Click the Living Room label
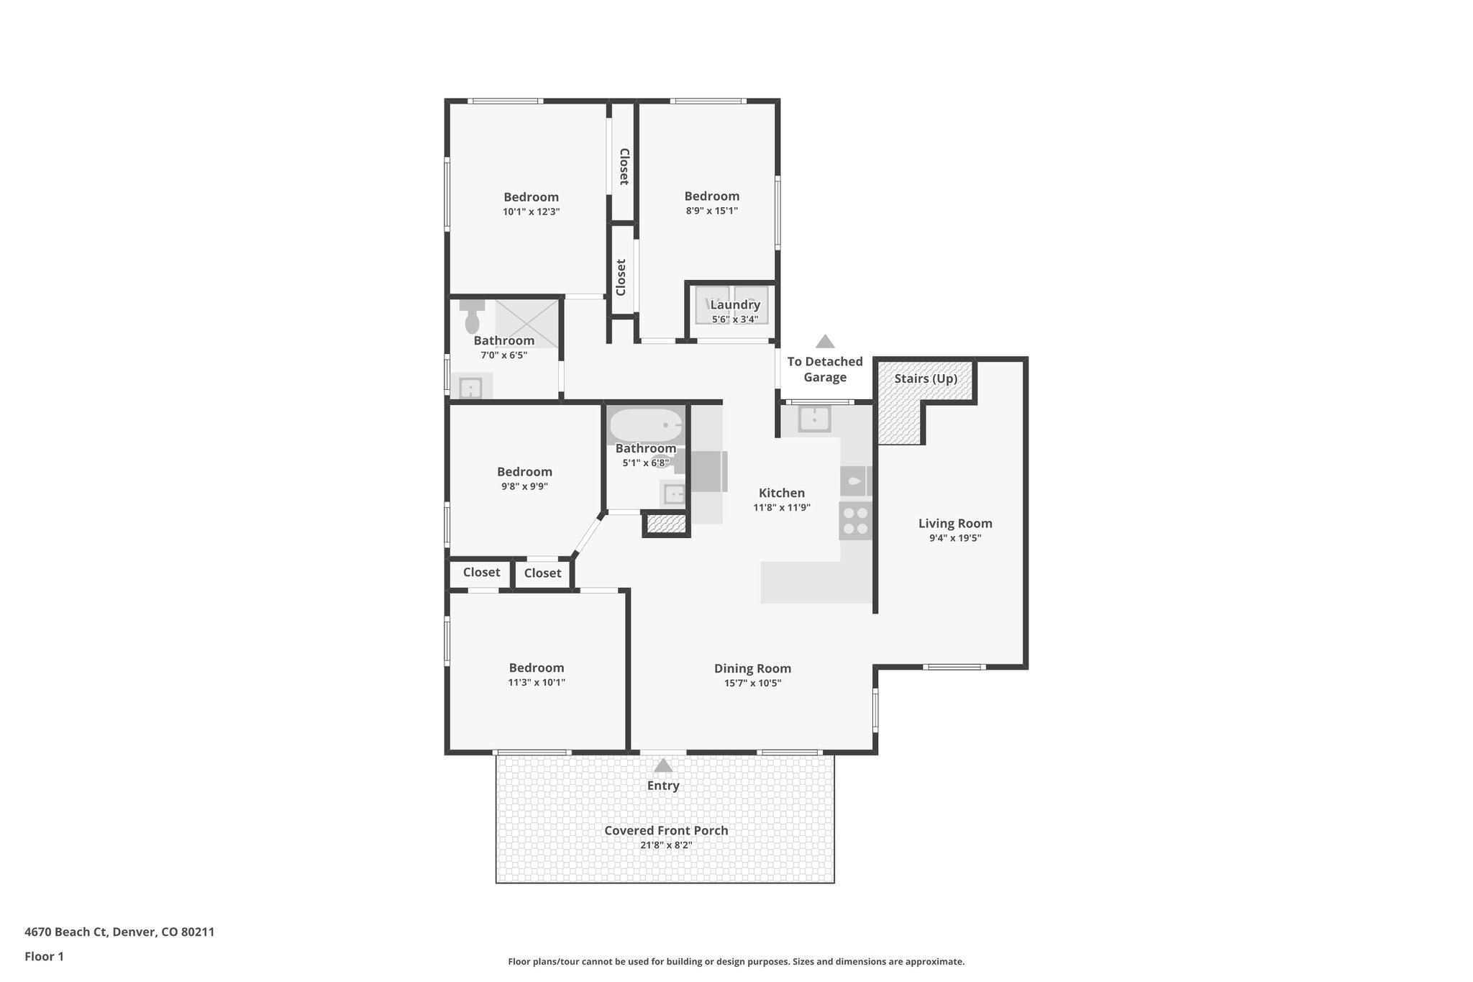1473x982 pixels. (x=954, y=524)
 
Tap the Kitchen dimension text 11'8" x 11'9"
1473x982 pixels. (x=782, y=507)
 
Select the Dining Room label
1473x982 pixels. (x=752, y=668)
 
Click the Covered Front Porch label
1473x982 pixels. (x=666, y=830)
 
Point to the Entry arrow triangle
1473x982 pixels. (x=663, y=766)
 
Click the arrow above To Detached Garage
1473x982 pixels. (x=825, y=342)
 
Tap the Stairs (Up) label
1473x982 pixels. (x=926, y=378)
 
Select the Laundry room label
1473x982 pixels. (x=735, y=305)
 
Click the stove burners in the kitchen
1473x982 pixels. (x=855, y=521)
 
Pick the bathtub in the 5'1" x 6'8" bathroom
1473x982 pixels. (x=646, y=425)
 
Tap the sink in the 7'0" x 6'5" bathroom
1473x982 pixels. (x=470, y=388)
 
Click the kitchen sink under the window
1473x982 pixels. (x=814, y=418)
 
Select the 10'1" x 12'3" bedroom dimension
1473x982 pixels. (x=531, y=212)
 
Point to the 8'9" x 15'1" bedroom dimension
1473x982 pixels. (x=711, y=212)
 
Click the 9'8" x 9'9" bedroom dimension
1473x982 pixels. (x=524, y=486)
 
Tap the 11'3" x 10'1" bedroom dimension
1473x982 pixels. (x=537, y=683)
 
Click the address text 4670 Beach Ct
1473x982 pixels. (x=119, y=932)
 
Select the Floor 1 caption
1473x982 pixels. (x=45, y=957)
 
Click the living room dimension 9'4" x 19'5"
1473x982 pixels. (x=954, y=538)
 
